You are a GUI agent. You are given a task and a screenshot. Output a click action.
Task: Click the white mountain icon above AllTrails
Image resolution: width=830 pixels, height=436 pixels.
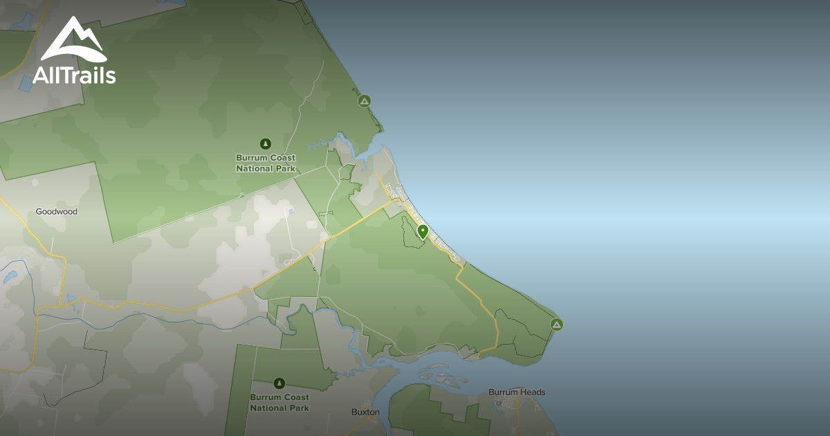[73, 41]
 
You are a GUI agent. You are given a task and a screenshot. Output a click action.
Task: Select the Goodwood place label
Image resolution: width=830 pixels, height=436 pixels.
[57, 212]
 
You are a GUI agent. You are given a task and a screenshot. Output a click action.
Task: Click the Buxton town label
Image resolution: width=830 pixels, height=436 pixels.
[365, 412]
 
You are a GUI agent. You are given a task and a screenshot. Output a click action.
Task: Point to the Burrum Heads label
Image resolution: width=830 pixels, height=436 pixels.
[517, 392]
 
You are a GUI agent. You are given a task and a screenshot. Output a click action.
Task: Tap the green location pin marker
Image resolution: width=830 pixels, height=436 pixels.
[423, 232]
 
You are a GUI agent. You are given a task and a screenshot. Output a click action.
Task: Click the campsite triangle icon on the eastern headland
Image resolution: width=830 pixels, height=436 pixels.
[556, 324]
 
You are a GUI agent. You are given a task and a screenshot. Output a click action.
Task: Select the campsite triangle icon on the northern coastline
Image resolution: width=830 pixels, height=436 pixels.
[364, 101]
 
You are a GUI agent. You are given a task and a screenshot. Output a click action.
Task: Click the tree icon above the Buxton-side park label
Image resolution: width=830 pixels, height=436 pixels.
[279, 383]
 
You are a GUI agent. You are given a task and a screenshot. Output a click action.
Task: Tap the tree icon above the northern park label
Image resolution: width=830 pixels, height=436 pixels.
[265, 144]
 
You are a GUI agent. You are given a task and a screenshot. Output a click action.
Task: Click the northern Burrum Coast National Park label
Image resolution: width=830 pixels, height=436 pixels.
[266, 163]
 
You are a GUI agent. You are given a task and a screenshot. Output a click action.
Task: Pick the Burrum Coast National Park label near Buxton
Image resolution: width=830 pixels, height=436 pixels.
[279, 403]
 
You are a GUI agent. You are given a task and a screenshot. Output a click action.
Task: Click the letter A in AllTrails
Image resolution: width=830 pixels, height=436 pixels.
[41, 74]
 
